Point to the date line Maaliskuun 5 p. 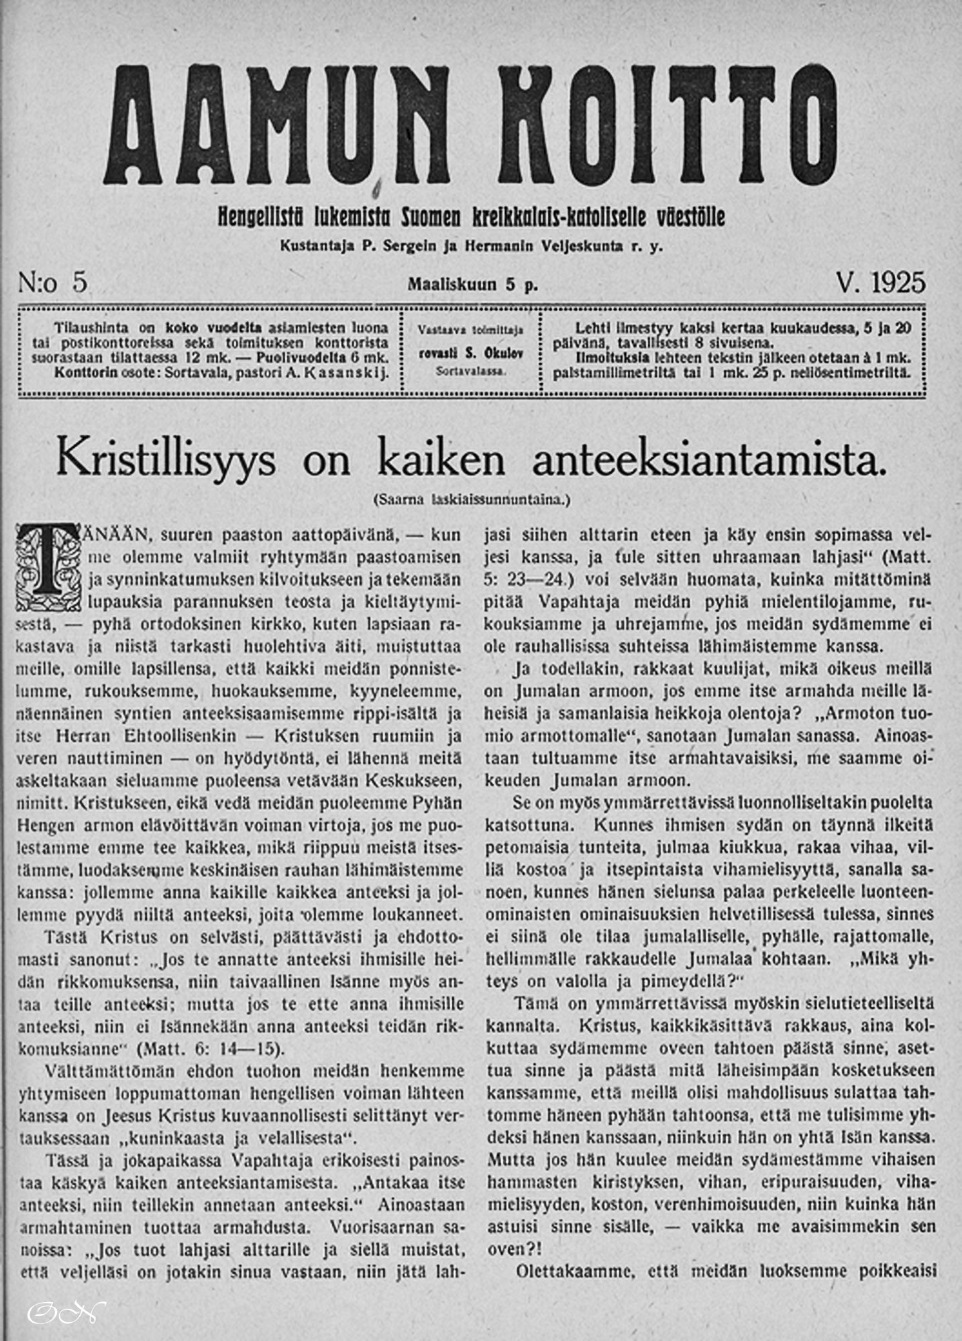pos(473,284)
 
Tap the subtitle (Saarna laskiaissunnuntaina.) pos(472,499)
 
